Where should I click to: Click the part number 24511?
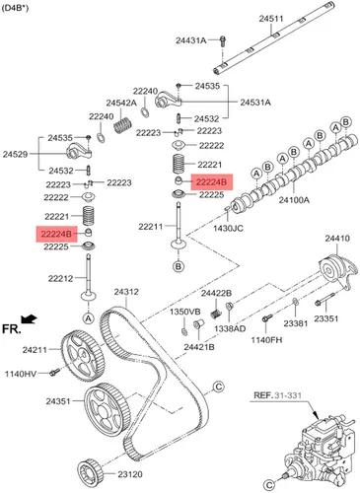pos(271,19)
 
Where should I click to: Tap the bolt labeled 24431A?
pos(223,40)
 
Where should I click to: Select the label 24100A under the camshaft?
pos(294,199)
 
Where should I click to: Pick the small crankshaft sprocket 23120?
pos(91,472)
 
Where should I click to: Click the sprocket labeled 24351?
pos(108,409)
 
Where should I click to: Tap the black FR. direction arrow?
pos(29,318)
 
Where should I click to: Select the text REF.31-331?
pos(277,394)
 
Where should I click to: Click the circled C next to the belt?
pos(219,387)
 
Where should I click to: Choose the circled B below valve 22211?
pos(179,265)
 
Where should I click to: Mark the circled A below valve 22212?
pos(88,317)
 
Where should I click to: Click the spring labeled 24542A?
pos(122,125)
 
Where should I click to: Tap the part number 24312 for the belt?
pos(126,292)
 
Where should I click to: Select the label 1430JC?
pos(228,228)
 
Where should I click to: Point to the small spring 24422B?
pos(215,314)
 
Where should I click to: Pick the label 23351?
pos(325,318)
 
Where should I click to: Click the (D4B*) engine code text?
pos(15,8)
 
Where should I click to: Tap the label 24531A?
pos(255,103)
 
